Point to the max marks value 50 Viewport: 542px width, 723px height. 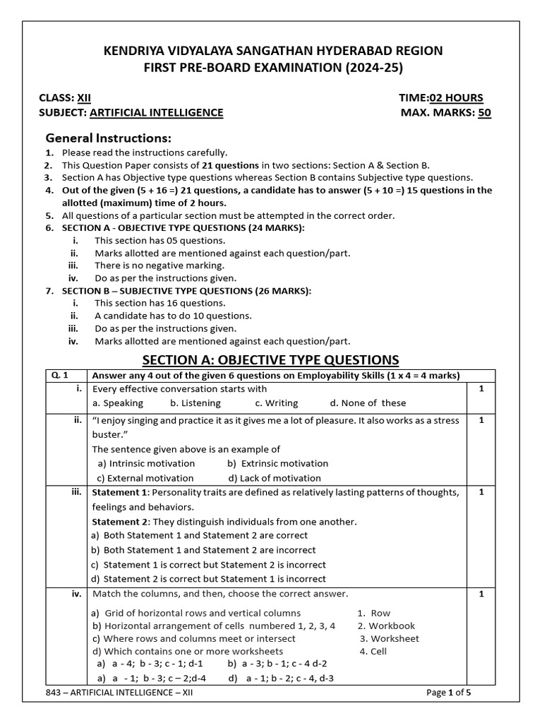484,112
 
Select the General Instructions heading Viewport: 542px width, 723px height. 108,137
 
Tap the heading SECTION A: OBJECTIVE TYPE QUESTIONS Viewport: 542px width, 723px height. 270,359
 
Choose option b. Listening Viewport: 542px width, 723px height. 195,403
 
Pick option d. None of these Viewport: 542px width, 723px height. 368,403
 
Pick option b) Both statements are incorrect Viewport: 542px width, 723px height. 203,550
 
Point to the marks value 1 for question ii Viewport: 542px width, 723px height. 481,420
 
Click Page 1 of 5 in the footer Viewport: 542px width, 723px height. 449,693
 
